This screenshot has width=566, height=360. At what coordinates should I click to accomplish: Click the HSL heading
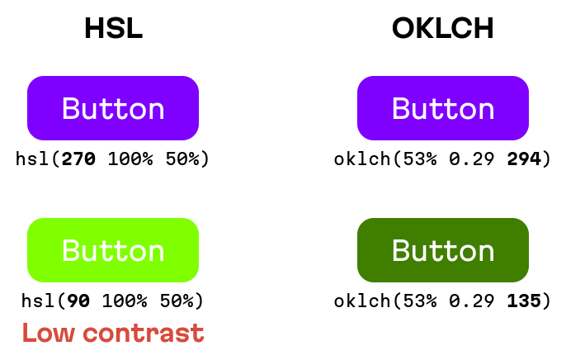pyautogui.click(x=114, y=28)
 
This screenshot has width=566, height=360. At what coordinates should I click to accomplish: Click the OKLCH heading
pyautogui.click(x=443, y=28)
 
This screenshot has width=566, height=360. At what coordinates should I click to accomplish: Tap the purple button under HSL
pyautogui.click(x=113, y=108)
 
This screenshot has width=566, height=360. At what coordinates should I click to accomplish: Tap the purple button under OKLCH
pyautogui.click(x=443, y=108)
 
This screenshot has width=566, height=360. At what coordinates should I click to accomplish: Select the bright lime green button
pyautogui.click(x=113, y=250)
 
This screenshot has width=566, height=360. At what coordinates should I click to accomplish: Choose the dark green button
pyautogui.click(x=443, y=250)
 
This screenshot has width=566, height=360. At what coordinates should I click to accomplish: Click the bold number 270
pyautogui.click(x=78, y=159)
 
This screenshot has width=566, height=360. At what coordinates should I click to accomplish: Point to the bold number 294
pyautogui.click(x=524, y=159)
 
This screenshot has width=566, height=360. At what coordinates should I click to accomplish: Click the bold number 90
pyautogui.click(x=78, y=301)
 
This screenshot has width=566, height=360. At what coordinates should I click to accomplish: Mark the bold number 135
pyautogui.click(x=524, y=301)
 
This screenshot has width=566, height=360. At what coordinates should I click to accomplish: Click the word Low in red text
pyautogui.click(x=49, y=333)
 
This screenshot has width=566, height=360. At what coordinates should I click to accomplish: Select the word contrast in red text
pyautogui.click(x=144, y=333)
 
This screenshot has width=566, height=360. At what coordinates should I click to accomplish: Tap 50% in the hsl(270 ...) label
pyautogui.click(x=182, y=159)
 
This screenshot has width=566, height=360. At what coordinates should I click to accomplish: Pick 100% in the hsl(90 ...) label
pyautogui.click(x=125, y=301)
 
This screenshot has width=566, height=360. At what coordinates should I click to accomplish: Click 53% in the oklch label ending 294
pyautogui.click(x=420, y=159)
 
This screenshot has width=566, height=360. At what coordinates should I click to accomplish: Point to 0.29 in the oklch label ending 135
pyautogui.click(x=472, y=301)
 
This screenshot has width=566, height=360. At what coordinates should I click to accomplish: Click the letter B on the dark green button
pyautogui.click(x=401, y=250)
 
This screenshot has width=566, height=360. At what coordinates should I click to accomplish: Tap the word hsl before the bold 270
pyautogui.click(x=32, y=159)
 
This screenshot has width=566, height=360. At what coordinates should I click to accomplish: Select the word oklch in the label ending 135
pyautogui.click(x=362, y=301)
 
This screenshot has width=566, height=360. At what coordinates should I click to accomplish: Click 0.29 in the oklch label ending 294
pyautogui.click(x=472, y=159)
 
